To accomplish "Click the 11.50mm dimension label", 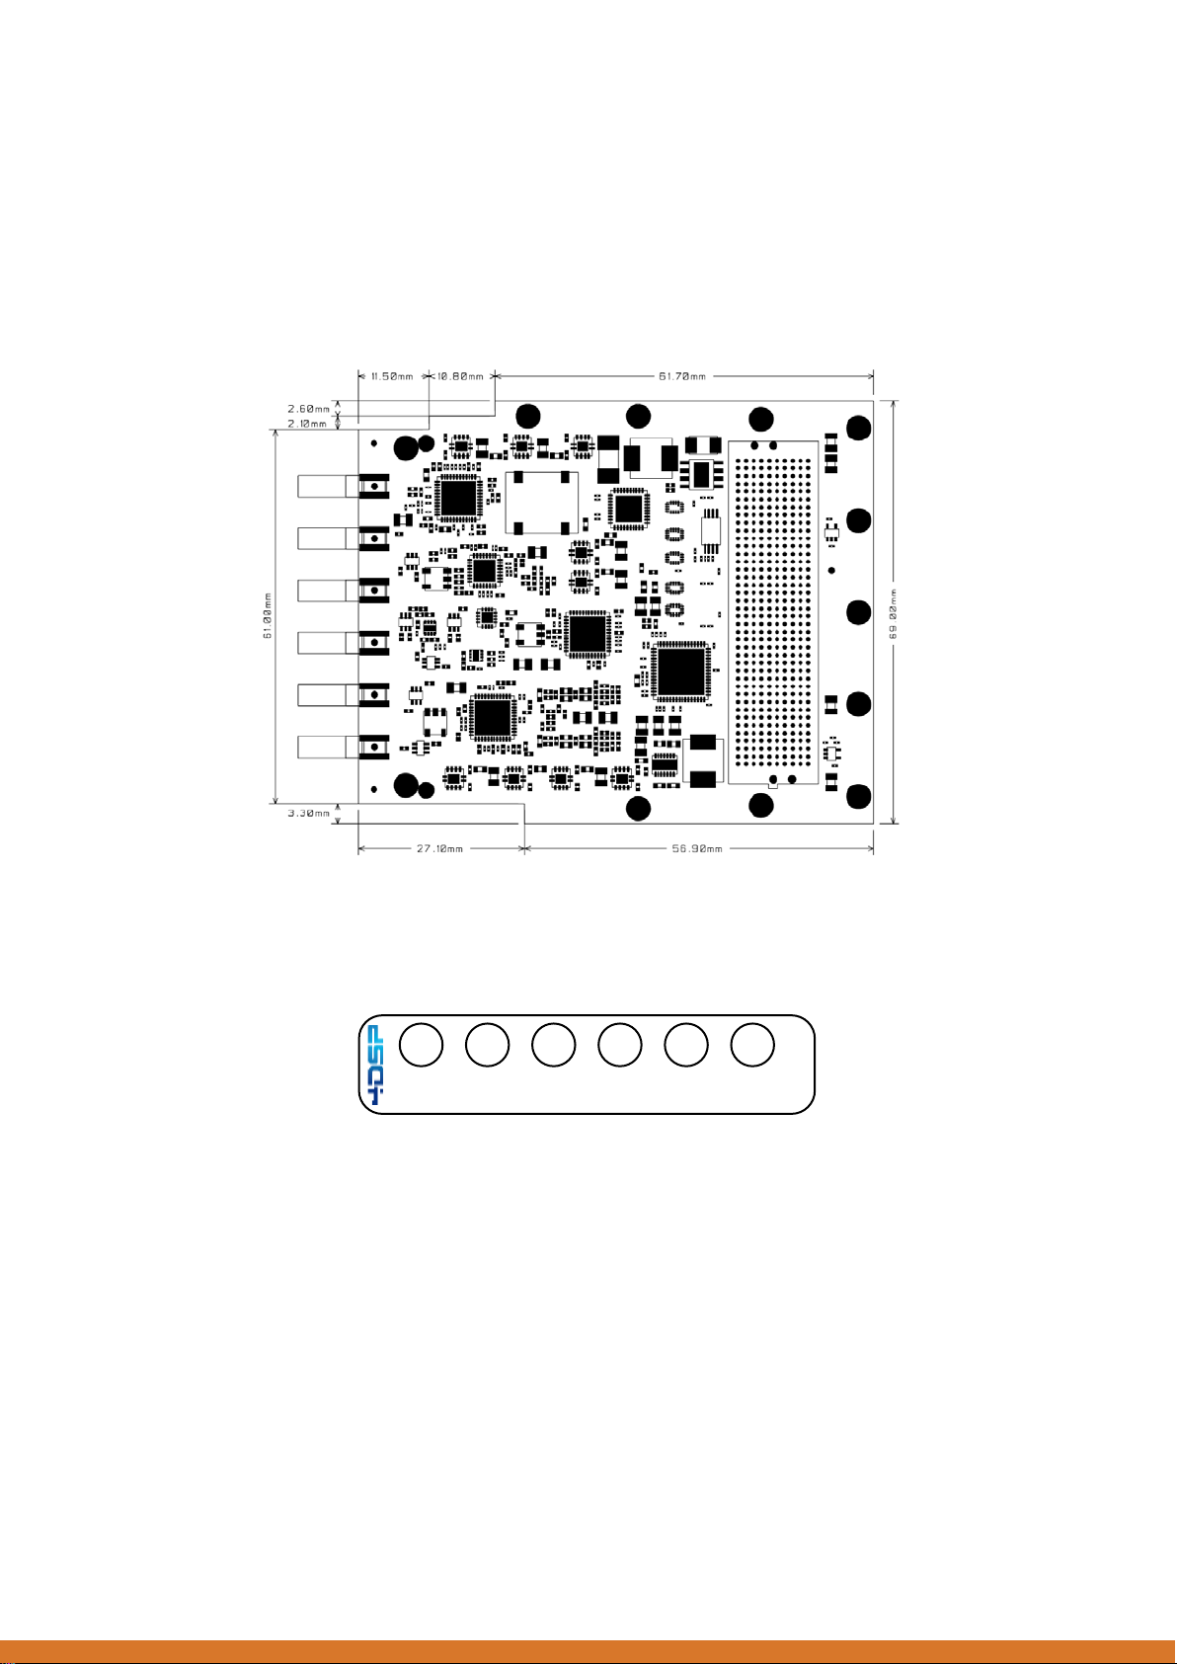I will point(391,376).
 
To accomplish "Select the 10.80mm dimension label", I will point(462,376).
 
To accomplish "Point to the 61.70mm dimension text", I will point(682,376).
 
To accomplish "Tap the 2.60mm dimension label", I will point(308,409).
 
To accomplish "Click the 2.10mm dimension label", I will point(308,424).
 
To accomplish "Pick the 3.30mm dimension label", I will point(308,813).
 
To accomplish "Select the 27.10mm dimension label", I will point(440,848).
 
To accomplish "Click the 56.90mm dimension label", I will point(697,848).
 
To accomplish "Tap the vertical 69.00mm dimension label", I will point(894,612).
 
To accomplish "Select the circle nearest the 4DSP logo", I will point(422,1045).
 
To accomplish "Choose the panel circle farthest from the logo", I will point(752,1045).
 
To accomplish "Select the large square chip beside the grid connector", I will point(680,672).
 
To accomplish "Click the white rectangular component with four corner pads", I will point(540,502).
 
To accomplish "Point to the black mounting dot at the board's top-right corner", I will point(859,428).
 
